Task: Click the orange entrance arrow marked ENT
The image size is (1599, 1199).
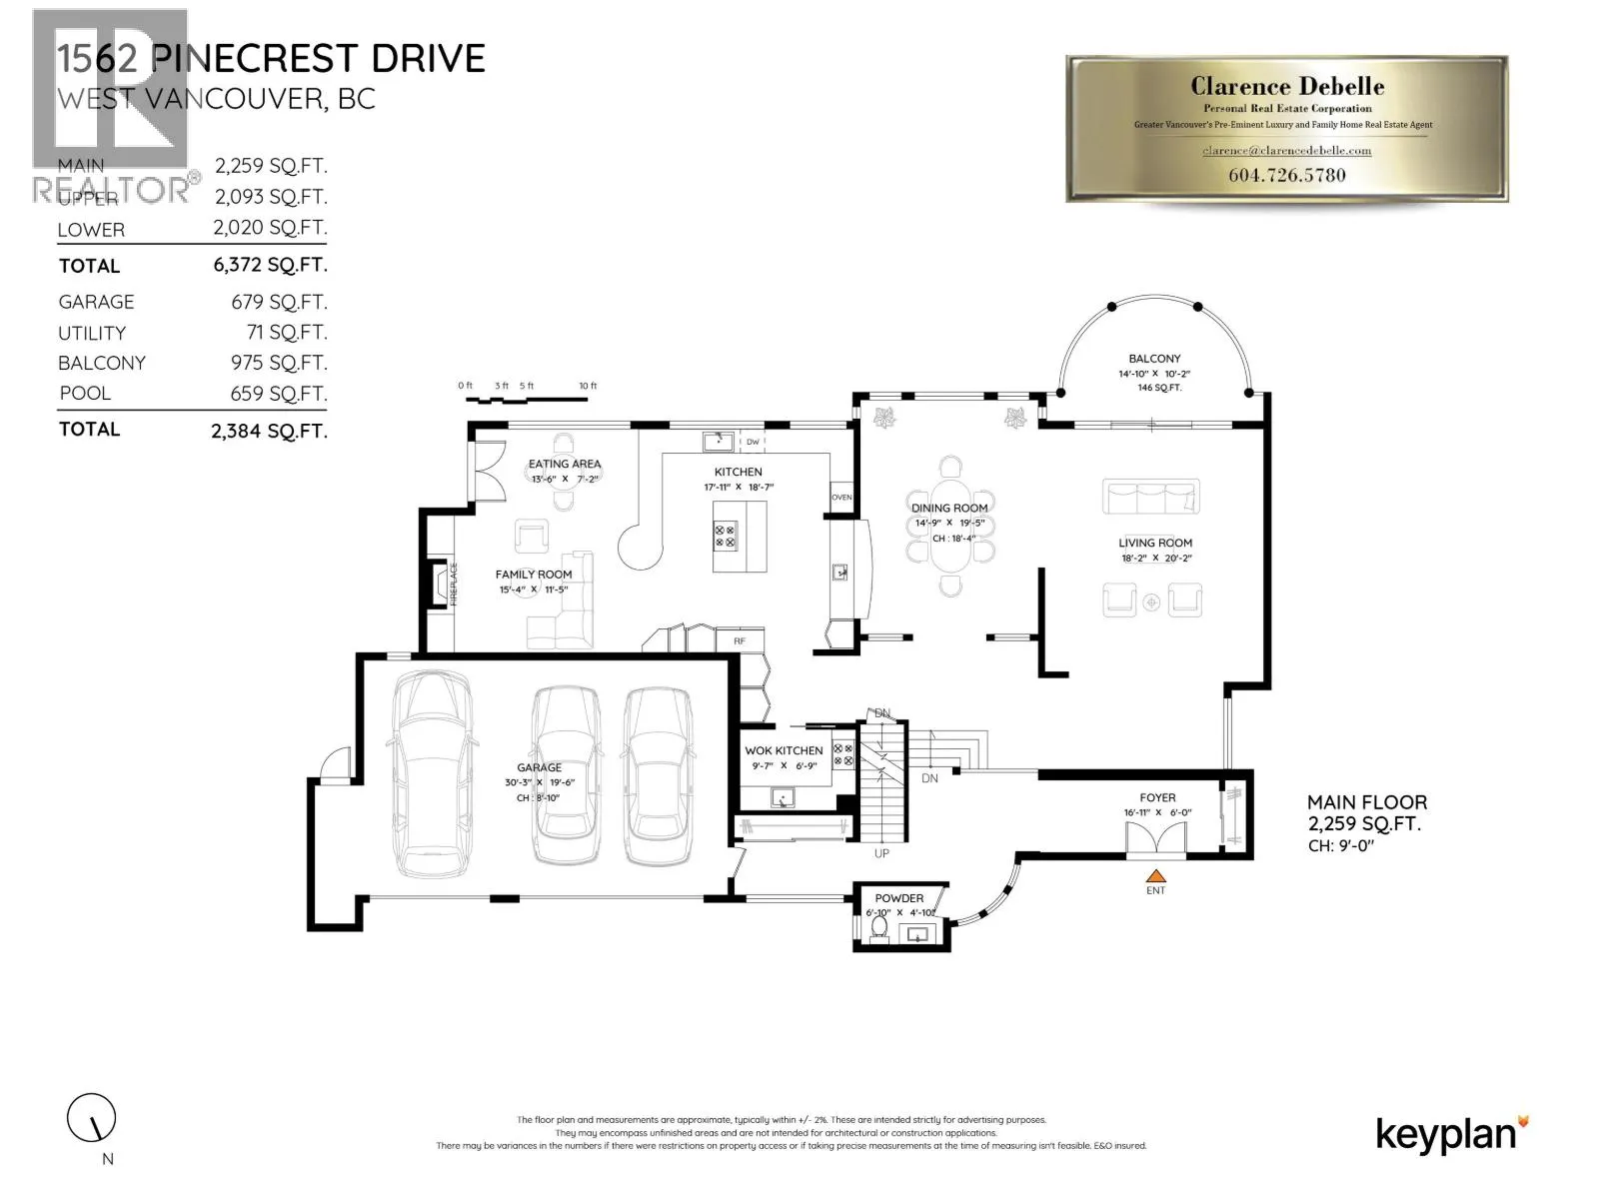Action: (x=1155, y=876)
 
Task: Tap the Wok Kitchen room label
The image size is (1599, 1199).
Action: (x=784, y=750)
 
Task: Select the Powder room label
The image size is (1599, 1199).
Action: (x=898, y=898)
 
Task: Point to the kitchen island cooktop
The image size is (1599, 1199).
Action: (x=725, y=536)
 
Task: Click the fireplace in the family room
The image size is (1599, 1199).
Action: (x=438, y=585)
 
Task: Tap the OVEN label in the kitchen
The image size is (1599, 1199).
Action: (x=841, y=498)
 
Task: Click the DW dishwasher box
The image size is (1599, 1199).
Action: (x=753, y=442)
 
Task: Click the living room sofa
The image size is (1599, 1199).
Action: (x=1150, y=496)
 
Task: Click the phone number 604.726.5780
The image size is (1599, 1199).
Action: (x=1286, y=175)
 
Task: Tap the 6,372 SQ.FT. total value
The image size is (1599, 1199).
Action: (x=269, y=265)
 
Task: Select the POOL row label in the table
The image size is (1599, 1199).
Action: (x=85, y=394)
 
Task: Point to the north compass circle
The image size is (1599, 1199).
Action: (x=92, y=1118)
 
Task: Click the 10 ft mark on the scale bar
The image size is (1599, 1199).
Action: (x=588, y=386)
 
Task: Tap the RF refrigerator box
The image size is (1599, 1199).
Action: (x=740, y=641)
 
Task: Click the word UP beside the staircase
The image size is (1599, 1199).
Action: (x=881, y=853)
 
